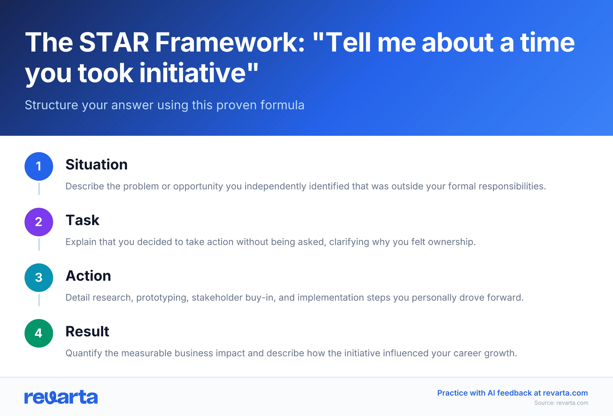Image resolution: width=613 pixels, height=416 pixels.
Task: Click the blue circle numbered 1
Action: [39, 166]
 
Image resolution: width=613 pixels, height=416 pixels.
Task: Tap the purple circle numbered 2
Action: [39, 222]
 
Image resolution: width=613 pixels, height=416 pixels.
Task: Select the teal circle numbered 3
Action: [39, 278]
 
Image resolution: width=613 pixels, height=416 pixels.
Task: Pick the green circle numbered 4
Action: [39, 333]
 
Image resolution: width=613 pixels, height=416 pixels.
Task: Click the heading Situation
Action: [97, 165]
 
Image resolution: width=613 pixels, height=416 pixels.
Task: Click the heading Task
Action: [82, 220]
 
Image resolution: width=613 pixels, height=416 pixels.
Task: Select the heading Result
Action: [87, 331]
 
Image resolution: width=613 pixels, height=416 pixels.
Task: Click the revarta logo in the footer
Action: [61, 397]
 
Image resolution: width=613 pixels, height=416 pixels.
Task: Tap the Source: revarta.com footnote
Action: [561, 403]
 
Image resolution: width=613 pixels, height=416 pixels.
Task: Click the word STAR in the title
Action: [114, 43]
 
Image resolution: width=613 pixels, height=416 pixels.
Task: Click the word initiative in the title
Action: [193, 73]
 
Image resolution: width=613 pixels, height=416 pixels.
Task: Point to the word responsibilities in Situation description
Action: [512, 186]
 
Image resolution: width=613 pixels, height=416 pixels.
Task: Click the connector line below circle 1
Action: [39, 189]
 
